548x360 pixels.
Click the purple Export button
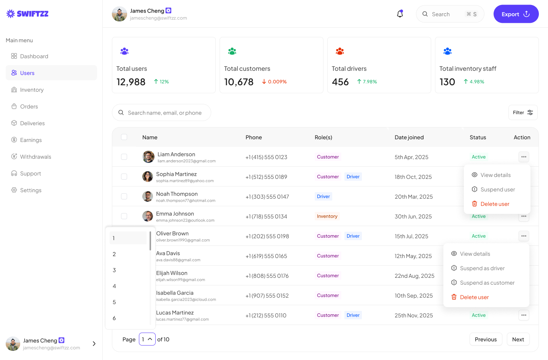[x=516, y=14]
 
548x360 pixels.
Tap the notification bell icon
[x=400, y=14]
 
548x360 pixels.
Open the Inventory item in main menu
[x=32, y=90]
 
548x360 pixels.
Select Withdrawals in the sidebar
[x=35, y=157]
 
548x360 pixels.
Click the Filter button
[x=523, y=113]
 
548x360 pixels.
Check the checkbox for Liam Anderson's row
[x=124, y=157]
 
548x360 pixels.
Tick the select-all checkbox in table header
[x=124, y=137]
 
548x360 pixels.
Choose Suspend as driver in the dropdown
[x=482, y=268]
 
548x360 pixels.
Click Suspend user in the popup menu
[x=497, y=190]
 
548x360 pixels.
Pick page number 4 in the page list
[x=114, y=286]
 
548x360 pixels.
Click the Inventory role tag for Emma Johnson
[x=327, y=216]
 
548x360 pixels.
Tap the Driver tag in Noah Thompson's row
[x=323, y=196]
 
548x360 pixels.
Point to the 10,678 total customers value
[x=239, y=82]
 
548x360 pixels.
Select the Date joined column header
[x=409, y=137]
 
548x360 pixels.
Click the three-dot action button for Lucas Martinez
[x=524, y=315]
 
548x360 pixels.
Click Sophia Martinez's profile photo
[x=148, y=177]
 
